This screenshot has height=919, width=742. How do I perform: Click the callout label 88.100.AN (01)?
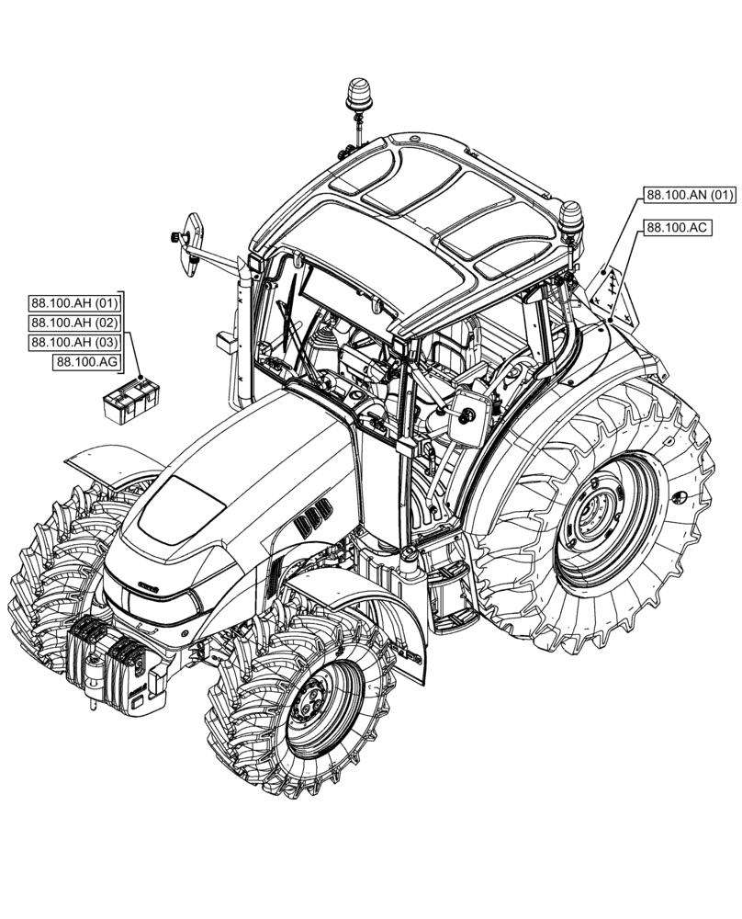point(690,195)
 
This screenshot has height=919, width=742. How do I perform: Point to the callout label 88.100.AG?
point(86,362)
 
